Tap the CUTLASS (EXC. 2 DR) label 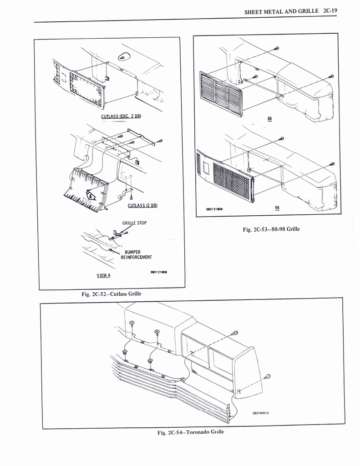(121, 116)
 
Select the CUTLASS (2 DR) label (142, 205)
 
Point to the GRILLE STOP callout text (135, 223)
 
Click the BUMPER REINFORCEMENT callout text (137, 254)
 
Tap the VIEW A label (103, 275)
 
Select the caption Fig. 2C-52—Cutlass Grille (112, 294)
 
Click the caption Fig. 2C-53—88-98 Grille (271, 229)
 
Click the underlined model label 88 (270, 119)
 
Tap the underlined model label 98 (277, 208)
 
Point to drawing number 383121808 (159, 272)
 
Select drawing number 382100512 (261, 413)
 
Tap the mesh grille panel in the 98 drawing (232, 181)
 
